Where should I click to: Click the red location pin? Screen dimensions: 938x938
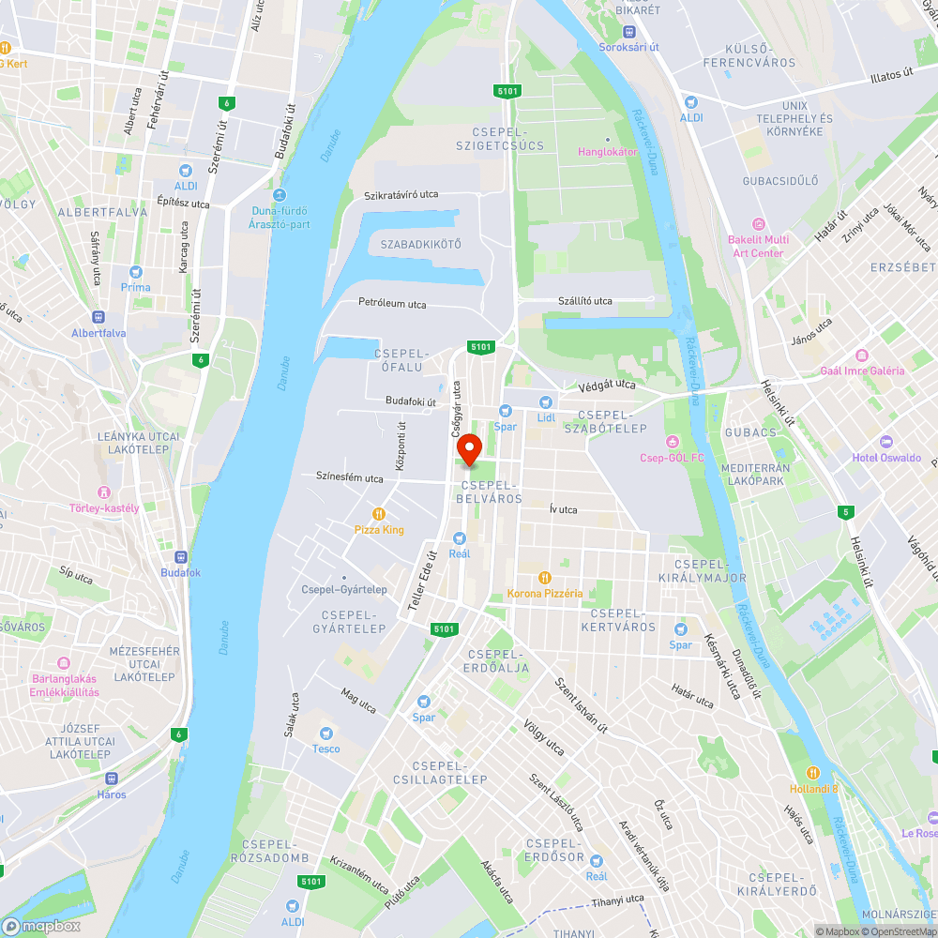click(x=469, y=448)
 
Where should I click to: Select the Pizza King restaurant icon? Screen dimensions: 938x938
click(x=379, y=514)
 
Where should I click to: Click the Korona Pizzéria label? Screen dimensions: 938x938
click(x=545, y=593)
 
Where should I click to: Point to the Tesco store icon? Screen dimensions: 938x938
click(x=326, y=733)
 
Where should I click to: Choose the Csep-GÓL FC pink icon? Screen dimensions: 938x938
click(x=672, y=442)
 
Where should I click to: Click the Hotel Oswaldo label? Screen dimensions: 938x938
click(x=886, y=458)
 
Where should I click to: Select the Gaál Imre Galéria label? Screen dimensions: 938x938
click(x=863, y=371)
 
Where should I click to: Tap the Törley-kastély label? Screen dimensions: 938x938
click(x=104, y=508)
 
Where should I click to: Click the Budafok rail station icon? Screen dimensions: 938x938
click(x=180, y=556)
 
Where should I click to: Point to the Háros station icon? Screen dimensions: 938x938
click(x=111, y=778)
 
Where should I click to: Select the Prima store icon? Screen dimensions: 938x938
click(x=135, y=272)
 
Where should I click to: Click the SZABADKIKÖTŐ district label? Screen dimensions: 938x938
click(x=421, y=244)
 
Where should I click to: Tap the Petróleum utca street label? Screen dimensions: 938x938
click(x=392, y=303)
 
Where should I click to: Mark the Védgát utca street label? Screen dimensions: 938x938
click(x=607, y=385)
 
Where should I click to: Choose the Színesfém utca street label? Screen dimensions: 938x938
click(x=350, y=478)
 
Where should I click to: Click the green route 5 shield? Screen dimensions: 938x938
click(x=847, y=511)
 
